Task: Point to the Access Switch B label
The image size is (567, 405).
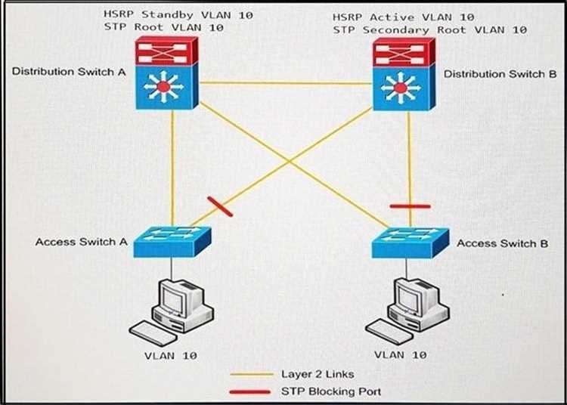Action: point(497,243)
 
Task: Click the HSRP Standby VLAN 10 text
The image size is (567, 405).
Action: point(178,14)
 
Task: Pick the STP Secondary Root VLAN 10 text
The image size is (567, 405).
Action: point(430,30)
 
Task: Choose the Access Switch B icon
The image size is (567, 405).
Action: point(410,243)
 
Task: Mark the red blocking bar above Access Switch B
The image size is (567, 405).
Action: point(410,205)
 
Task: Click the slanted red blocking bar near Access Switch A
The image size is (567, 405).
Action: point(220,206)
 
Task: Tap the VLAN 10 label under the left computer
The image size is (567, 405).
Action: point(170,354)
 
